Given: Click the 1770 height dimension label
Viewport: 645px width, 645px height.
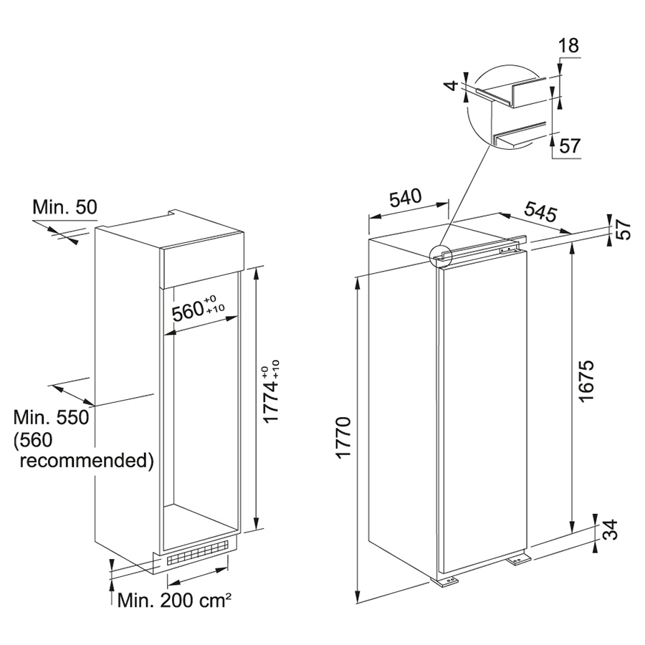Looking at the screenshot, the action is click(x=343, y=437).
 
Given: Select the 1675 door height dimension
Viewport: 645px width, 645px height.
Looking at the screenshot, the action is click(x=586, y=381).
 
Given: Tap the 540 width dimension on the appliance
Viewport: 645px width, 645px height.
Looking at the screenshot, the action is click(x=406, y=198).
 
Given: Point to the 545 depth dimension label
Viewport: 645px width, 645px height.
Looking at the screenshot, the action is click(x=540, y=212).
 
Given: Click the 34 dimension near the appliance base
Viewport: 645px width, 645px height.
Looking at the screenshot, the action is click(x=610, y=530).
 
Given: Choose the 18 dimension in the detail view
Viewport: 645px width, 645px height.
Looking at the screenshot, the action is click(x=569, y=45).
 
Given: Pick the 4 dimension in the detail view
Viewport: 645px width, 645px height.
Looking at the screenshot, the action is click(x=452, y=85).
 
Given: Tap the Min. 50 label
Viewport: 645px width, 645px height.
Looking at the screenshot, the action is click(x=65, y=207).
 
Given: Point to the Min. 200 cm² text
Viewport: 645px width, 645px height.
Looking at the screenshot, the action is click(x=174, y=601).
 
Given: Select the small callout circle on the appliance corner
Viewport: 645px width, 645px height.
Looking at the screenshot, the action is click(x=441, y=257).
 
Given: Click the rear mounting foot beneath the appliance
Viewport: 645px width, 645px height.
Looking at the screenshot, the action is click(x=520, y=560).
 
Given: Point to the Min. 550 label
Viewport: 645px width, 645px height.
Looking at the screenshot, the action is click(x=52, y=417).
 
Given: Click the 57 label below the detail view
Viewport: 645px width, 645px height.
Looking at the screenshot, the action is click(x=570, y=146).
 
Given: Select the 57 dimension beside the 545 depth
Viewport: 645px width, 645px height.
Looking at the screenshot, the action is click(x=624, y=229).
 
